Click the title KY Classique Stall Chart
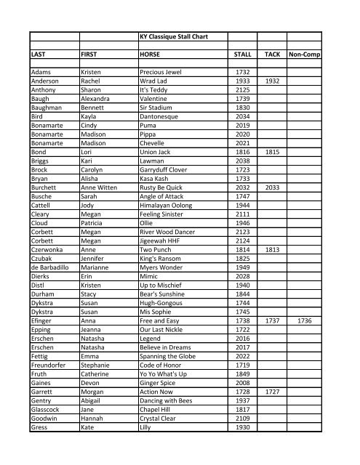(177, 34)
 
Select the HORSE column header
(152, 54)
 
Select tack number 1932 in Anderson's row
(273, 82)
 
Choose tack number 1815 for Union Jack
(273, 151)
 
